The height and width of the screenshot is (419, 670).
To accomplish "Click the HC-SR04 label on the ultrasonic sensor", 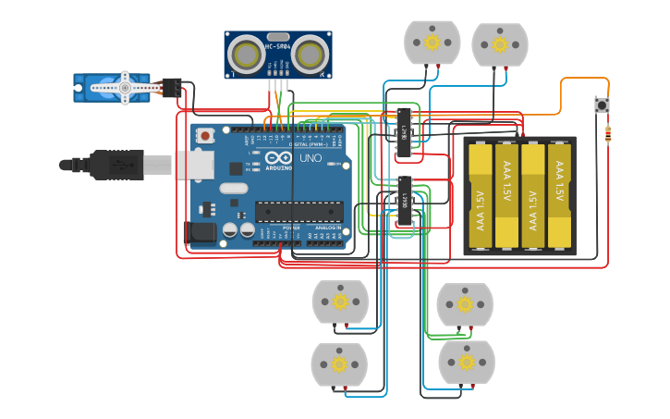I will tap(278, 45).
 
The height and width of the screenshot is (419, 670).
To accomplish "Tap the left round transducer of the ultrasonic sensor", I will tap(246, 55).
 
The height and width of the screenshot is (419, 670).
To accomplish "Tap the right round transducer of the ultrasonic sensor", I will tap(311, 55).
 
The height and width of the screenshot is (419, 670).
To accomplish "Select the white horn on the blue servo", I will tap(121, 88).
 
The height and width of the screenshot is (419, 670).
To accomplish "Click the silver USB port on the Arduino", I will tap(194, 165).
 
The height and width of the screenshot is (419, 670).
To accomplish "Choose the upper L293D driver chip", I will tap(404, 130).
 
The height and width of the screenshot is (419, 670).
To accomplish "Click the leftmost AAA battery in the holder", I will tap(481, 195).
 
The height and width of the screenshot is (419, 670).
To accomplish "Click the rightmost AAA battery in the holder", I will tap(559, 195).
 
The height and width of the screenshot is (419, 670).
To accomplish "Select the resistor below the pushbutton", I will tap(607, 135).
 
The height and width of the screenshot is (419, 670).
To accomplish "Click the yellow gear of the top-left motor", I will tap(432, 42).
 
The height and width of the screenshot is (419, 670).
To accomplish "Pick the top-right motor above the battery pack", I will tap(500, 44).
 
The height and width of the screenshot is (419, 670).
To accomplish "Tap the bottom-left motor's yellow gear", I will tap(339, 364).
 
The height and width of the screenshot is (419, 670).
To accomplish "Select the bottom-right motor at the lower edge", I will tap(467, 362).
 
